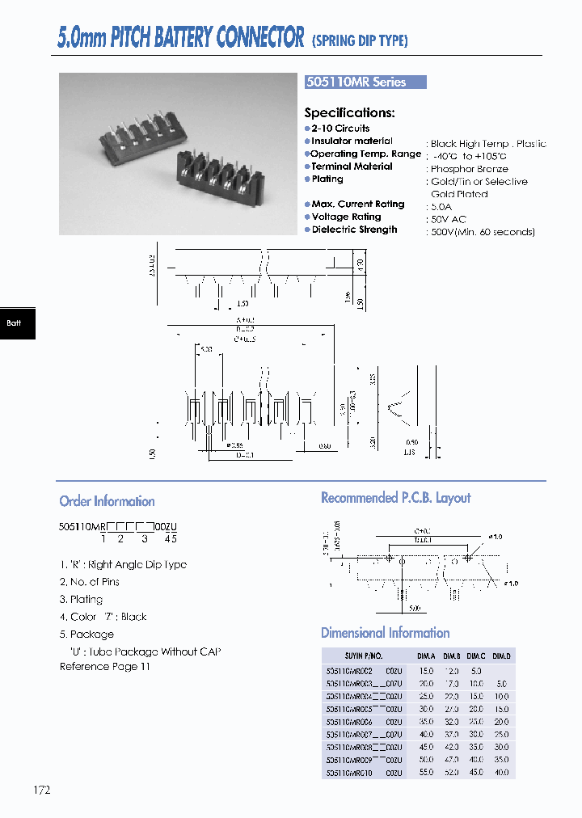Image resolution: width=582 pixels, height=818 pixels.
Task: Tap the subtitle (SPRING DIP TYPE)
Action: click(359, 40)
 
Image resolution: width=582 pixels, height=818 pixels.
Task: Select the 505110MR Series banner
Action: click(365, 82)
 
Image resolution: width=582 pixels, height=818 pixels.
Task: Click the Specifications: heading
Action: click(349, 113)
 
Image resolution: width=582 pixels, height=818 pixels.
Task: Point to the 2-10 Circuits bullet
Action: click(339, 129)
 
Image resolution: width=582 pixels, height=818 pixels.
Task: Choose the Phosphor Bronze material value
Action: click(469, 169)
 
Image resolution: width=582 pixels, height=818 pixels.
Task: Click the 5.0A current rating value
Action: click(441, 207)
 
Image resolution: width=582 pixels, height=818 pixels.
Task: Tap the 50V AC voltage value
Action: click(448, 219)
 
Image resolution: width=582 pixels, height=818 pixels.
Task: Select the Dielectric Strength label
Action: click(354, 230)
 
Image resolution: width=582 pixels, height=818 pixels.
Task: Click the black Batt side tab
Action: click(15, 323)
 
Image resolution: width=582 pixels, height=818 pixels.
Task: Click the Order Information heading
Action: click(107, 501)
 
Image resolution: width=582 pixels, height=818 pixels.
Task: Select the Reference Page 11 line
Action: click(104, 667)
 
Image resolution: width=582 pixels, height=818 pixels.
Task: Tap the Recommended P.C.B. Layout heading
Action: click(395, 498)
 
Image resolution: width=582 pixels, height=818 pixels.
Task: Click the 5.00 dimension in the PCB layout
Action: click(415, 609)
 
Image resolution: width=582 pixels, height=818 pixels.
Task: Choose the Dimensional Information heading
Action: click(385, 633)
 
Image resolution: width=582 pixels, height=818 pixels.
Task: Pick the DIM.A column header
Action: click(426, 656)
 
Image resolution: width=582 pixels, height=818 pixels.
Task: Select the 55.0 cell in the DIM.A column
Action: click(426, 774)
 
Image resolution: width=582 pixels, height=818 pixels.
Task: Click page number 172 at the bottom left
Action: click(42, 790)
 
